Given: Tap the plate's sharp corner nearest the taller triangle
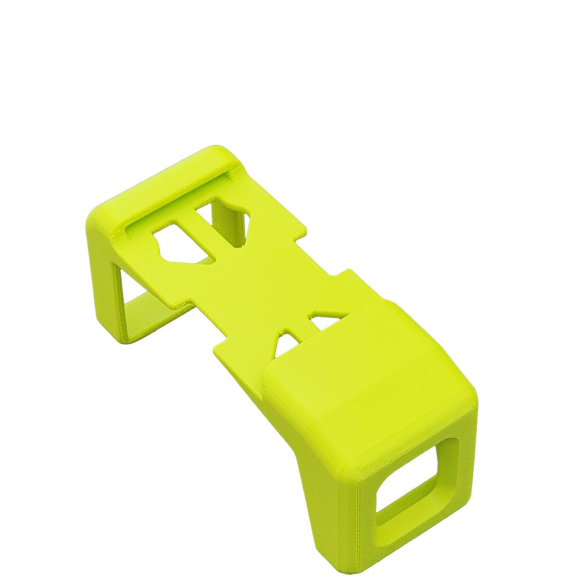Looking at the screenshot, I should pos(215,348).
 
